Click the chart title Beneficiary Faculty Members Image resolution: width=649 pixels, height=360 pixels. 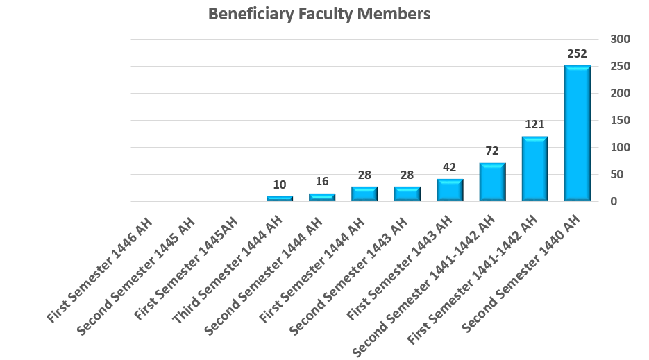click(319, 14)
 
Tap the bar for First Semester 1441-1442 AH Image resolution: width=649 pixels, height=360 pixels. click(534, 169)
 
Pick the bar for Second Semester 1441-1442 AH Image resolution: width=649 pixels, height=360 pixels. click(492, 182)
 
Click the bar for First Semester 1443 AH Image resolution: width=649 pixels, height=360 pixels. click(450, 190)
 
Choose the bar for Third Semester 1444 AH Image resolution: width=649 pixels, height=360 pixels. click(279, 198)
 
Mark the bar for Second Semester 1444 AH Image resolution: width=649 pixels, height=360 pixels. click(322, 197)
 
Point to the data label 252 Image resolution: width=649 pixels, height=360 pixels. click(577, 53)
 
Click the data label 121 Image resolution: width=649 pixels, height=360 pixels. click(534, 124)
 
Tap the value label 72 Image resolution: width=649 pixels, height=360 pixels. click(492, 151)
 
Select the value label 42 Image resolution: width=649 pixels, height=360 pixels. click(450, 167)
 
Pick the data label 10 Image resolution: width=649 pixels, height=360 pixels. click(279, 185)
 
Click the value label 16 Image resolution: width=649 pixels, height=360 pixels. click(322, 182)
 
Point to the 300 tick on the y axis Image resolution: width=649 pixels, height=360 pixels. click(620, 39)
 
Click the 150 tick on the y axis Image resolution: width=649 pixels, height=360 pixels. click(620, 120)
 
